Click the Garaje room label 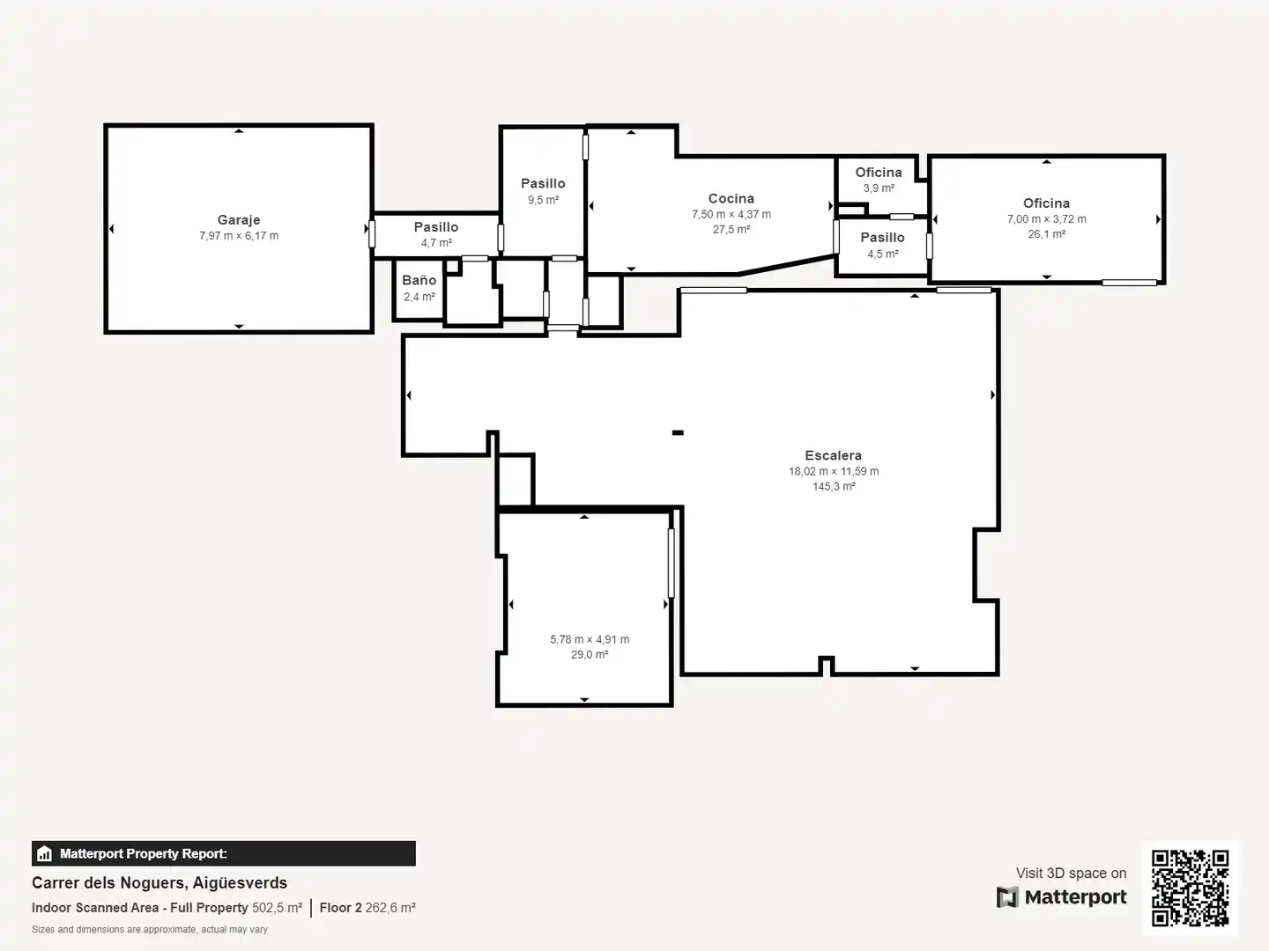tap(239, 220)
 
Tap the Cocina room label tap(731, 199)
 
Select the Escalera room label tap(833, 455)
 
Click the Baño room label tap(419, 281)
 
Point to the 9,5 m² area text tap(543, 201)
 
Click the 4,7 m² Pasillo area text tap(436, 243)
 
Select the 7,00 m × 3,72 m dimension tap(1046, 219)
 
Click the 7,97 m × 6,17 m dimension tap(239, 236)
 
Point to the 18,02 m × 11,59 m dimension tap(834, 472)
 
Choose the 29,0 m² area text tap(590, 655)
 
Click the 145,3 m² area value tap(834, 487)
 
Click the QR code tap(1190, 888)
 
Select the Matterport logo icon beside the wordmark tap(1007, 897)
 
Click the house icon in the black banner tap(45, 853)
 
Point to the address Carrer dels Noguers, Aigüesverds tap(160, 883)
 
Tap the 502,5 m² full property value tap(277, 908)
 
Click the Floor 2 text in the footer tap(340, 908)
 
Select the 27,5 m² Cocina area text tap(731, 230)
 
